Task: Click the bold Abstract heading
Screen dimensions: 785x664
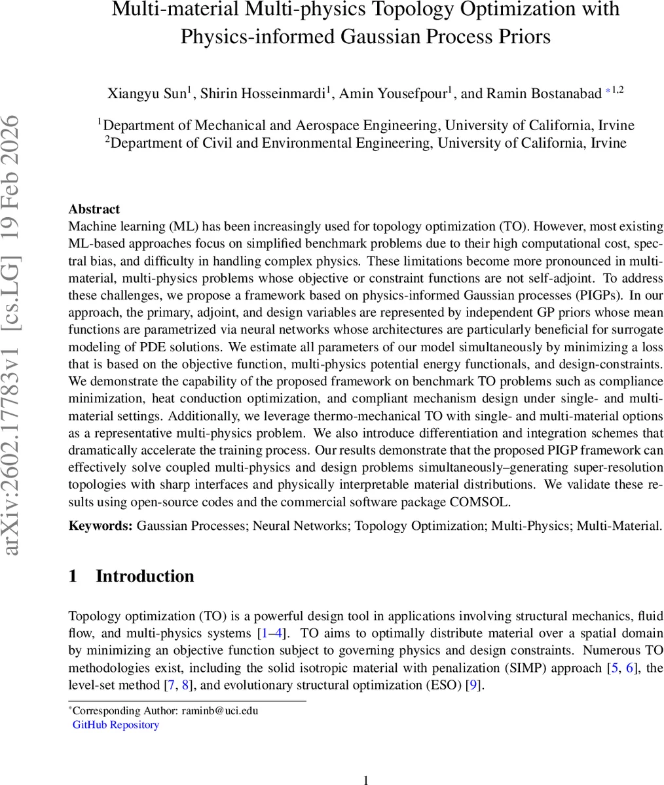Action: tap(94, 209)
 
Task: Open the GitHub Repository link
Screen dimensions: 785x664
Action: tap(116, 725)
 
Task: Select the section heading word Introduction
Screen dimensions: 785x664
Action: tap(145, 576)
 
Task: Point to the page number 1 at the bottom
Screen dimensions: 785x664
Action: tap(366, 779)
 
